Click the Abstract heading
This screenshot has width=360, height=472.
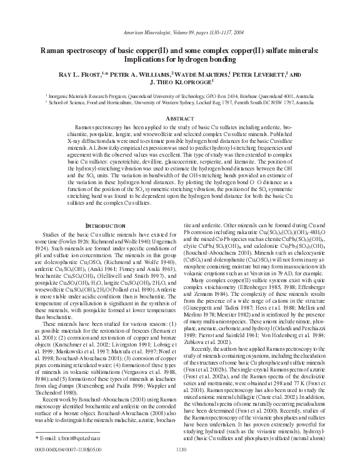pyautogui.click(x=180, y=118)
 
